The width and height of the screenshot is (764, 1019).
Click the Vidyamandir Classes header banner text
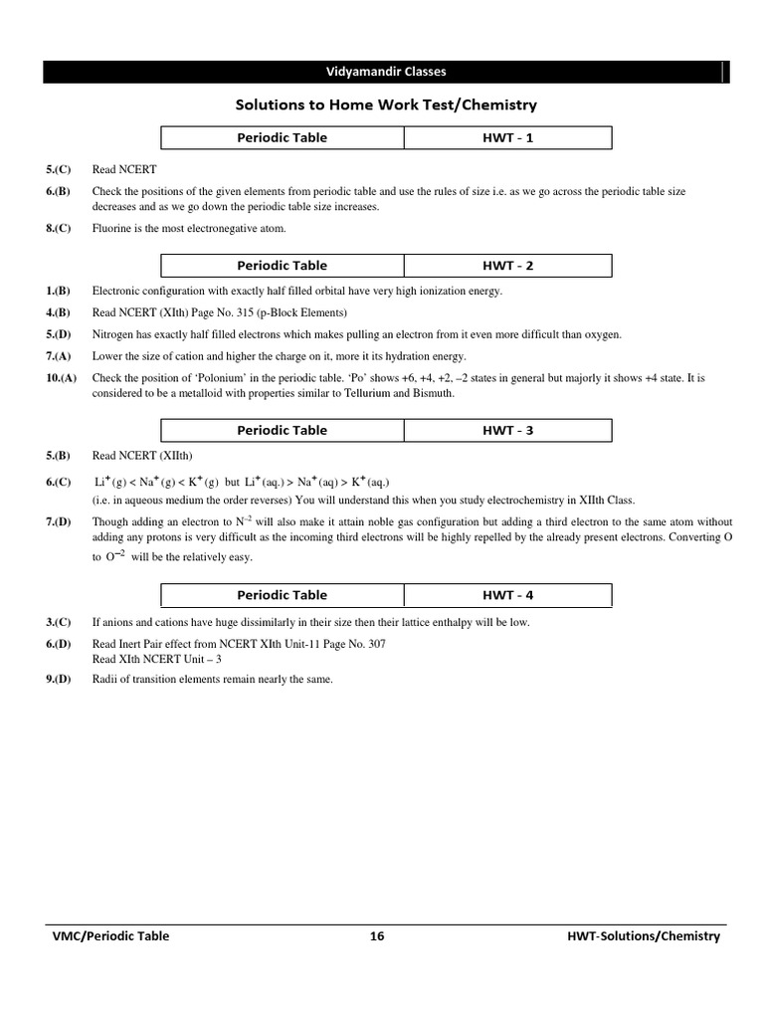(386, 72)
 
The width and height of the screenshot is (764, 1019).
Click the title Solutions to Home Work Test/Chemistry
(386, 103)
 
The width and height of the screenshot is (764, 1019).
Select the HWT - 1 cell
(507, 137)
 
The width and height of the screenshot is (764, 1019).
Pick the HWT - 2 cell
(507, 266)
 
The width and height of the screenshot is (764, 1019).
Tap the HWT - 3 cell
(507, 431)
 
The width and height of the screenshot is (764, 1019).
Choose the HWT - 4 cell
(507, 595)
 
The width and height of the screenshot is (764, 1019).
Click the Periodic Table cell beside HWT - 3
(282, 431)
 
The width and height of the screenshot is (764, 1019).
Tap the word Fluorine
(113, 229)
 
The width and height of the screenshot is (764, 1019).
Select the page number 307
(375, 644)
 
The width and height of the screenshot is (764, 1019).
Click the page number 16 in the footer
(377, 935)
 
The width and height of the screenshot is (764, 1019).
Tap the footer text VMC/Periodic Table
(110, 935)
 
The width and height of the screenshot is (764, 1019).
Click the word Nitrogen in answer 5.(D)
(114, 334)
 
